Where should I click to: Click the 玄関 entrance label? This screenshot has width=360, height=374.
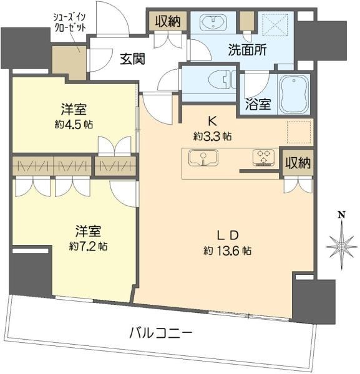click(132, 59)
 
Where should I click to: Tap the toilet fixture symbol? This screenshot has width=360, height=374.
click(221, 79)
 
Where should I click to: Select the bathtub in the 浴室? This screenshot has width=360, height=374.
click(294, 95)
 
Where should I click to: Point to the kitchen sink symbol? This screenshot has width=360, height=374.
click(203, 158)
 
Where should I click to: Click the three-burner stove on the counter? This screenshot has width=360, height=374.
click(263, 158)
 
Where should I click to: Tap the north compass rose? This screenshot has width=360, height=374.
click(341, 246)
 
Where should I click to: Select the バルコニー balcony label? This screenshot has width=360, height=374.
click(160, 333)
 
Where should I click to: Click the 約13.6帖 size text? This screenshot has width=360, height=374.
click(227, 251)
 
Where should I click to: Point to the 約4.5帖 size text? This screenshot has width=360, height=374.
click(74, 124)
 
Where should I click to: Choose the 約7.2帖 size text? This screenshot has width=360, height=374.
click(88, 246)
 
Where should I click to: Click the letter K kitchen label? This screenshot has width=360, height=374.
click(212, 121)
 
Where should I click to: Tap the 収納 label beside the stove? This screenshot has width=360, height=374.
click(298, 163)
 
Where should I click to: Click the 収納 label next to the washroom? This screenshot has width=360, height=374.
click(168, 22)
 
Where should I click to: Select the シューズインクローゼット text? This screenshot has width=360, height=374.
click(69, 22)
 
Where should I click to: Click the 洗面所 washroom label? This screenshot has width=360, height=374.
click(247, 50)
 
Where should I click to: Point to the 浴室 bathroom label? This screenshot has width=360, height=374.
click(258, 104)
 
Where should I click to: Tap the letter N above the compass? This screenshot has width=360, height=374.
click(342, 215)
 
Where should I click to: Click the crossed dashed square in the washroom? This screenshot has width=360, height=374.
click(275, 25)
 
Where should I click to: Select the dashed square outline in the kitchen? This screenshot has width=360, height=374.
click(299, 132)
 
